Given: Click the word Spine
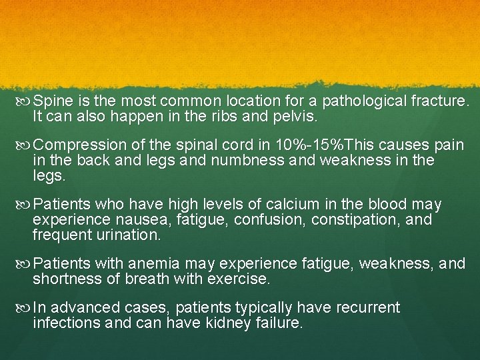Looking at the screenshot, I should [x=53, y=102].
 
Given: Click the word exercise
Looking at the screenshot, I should [x=238, y=279].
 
